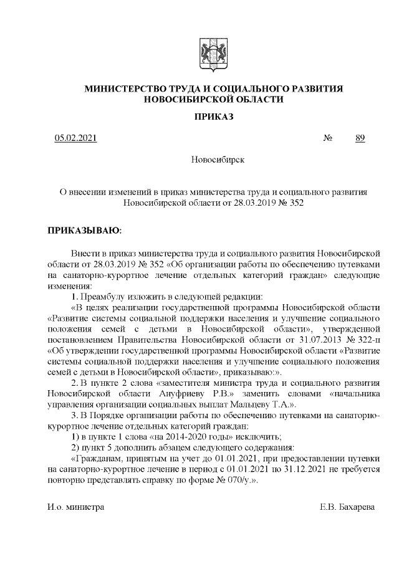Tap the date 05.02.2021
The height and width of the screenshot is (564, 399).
click(x=75, y=138)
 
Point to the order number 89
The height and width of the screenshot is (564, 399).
click(x=360, y=138)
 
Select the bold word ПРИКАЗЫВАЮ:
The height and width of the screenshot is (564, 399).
click(x=85, y=231)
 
